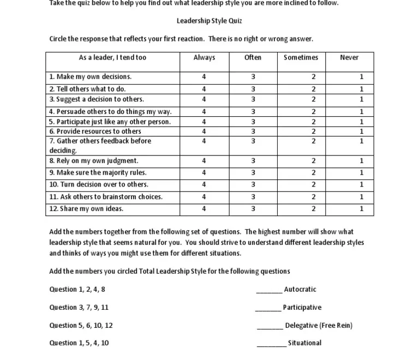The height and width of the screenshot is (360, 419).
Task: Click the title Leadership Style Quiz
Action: click(x=209, y=21)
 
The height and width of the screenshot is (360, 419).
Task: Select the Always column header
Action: click(x=204, y=58)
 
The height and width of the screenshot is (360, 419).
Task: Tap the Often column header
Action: click(x=253, y=58)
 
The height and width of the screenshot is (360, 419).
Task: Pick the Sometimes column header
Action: click(x=301, y=58)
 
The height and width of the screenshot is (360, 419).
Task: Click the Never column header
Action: click(x=349, y=58)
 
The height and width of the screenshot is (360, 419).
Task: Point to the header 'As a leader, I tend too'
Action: click(x=113, y=58)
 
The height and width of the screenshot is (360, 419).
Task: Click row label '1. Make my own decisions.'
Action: click(x=91, y=77)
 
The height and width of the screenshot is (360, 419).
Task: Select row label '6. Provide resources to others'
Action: click(x=95, y=131)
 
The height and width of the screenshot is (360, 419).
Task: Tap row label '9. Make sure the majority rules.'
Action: click(x=98, y=173)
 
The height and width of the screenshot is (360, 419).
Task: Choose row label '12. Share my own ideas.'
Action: click(x=86, y=209)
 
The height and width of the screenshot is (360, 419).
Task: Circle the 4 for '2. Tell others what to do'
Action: click(x=204, y=89)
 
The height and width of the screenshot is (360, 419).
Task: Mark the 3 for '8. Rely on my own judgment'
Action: click(x=253, y=161)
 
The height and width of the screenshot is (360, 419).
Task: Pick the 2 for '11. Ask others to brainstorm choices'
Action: click(x=314, y=197)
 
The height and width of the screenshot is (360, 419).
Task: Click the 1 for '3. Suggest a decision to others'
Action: click(x=361, y=99)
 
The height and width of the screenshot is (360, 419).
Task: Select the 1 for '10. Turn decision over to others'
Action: click(x=361, y=185)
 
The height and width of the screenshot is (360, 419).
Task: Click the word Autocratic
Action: click(x=300, y=290)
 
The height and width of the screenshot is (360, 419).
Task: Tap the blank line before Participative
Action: click(x=268, y=308)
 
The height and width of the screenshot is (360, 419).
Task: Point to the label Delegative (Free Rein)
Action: click(x=319, y=326)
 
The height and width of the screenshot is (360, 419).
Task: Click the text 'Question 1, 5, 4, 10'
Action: click(x=79, y=343)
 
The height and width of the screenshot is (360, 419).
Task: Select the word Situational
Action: click(x=304, y=343)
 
